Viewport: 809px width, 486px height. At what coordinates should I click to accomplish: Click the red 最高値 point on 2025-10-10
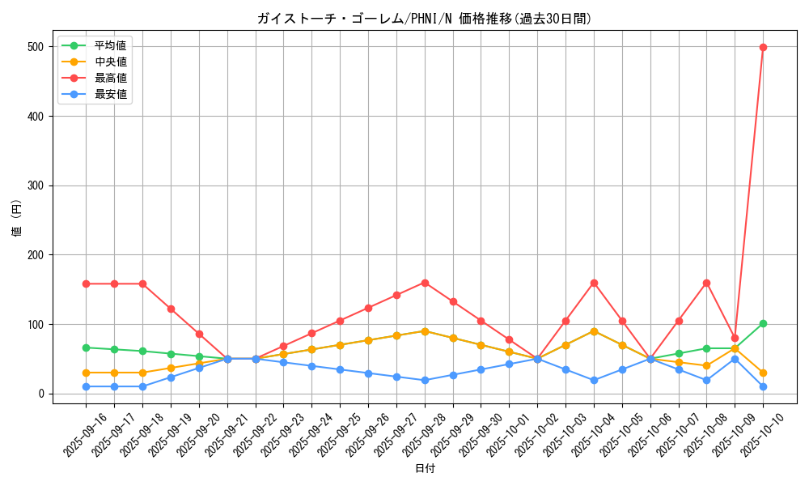pyautogui.click(x=763, y=47)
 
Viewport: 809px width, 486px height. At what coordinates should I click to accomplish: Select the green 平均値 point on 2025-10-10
pyautogui.click(x=763, y=324)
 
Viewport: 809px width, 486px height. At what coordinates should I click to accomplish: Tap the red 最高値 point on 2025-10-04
pyautogui.click(x=594, y=283)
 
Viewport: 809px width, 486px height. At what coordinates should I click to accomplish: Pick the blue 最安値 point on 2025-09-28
pyautogui.click(x=425, y=380)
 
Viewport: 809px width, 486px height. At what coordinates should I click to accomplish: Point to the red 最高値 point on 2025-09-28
pyautogui.click(x=425, y=283)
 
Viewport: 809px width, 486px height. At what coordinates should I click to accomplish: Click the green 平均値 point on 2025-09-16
pyautogui.click(x=86, y=347)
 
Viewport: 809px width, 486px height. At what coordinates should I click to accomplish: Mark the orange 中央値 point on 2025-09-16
pyautogui.click(x=86, y=373)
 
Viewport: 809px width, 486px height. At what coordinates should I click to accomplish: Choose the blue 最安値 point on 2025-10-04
pyautogui.click(x=594, y=380)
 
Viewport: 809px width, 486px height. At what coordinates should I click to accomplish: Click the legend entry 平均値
pyautogui.click(x=110, y=45)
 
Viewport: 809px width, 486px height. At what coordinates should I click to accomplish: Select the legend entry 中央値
pyautogui.click(x=110, y=62)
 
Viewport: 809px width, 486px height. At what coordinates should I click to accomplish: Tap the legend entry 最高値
pyautogui.click(x=110, y=78)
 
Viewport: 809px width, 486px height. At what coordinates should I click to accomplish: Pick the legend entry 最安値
pyautogui.click(x=110, y=94)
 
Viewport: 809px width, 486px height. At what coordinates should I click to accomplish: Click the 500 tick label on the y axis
pyautogui.click(x=33, y=47)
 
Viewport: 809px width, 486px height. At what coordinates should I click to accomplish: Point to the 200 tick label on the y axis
pyautogui.click(x=33, y=255)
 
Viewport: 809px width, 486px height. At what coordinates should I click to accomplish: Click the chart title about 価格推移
pyautogui.click(x=424, y=19)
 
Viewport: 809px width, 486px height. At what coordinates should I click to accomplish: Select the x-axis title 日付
pyautogui.click(x=424, y=469)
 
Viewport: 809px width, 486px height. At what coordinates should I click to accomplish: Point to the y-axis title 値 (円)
pyautogui.click(x=17, y=220)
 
